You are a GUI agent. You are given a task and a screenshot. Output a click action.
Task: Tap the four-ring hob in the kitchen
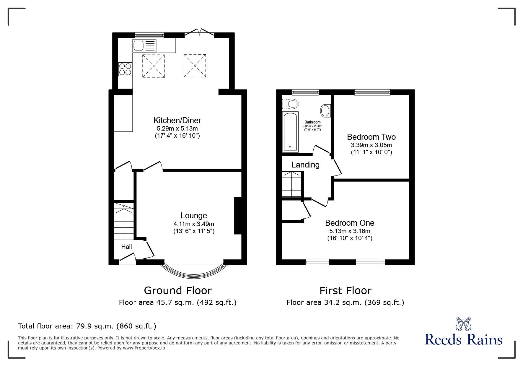[x=125, y=69]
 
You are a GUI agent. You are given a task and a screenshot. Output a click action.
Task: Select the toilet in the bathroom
[x=290, y=104]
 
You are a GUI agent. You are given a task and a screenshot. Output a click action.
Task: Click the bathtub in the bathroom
[x=290, y=132]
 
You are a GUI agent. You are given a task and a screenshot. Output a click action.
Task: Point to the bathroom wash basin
[x=325, y=110]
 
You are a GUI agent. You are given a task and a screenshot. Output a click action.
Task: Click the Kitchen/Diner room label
[x=177, y=120]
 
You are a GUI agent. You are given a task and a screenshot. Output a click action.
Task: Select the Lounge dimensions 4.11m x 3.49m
[x=194, y=224]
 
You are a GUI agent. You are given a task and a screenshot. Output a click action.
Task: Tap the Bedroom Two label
[x=371, y=137]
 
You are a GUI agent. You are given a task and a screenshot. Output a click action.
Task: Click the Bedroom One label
[x=350, y=223]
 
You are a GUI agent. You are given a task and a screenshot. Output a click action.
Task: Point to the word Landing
[x=305, y=165]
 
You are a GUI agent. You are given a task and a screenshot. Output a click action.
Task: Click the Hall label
[x=126, y=247]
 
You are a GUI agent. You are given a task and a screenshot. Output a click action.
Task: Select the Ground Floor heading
[x=178, y=291]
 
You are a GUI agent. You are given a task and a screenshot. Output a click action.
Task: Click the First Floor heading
[x=345, y=291]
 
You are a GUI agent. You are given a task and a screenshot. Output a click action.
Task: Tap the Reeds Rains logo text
[x=463, y=340]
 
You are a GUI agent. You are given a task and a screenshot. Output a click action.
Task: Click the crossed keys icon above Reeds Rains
[x=463, y=323]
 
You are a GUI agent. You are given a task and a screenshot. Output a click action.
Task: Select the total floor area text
[x=87, y=326]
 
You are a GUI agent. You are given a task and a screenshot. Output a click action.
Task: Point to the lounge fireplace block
[x=238, y=216]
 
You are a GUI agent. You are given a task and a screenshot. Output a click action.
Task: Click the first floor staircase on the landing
[x=291, y=185]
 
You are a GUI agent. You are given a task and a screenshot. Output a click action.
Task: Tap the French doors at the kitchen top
[x=199, y=33]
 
